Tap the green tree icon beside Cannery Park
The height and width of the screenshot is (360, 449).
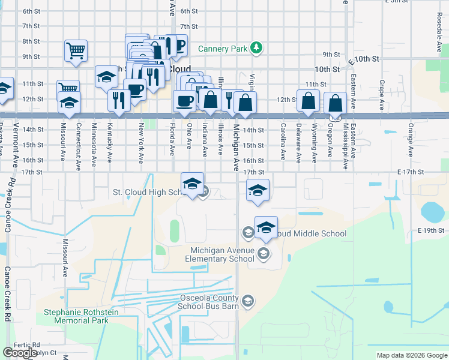(256, 47)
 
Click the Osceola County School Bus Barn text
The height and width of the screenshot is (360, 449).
(209, 302)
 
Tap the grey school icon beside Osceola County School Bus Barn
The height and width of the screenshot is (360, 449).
(247, 301)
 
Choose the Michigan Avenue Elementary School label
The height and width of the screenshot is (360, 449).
(222, 254)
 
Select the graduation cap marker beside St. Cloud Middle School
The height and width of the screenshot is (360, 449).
(266, 227)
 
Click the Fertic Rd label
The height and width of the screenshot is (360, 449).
(28, 345)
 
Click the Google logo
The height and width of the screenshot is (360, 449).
(20, 353)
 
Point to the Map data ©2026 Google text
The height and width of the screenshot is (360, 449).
(412, 355)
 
